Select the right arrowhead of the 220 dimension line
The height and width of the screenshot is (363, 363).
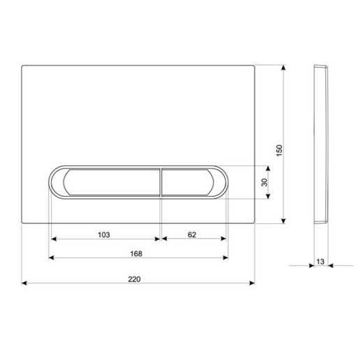coord(252,283)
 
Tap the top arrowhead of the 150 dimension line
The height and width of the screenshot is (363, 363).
coord(284,68)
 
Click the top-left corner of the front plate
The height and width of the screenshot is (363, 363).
coord(23,66)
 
